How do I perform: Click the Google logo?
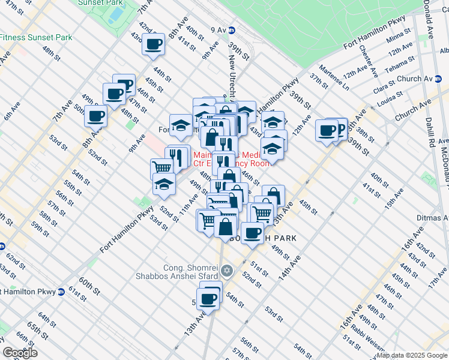pyautogui.click(x=20, y=353)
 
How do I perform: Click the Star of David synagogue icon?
pyautogui.click(x=226, y=271)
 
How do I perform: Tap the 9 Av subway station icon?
pyautogui.click(x=232, y=29)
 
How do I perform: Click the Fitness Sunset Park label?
pyautogui.click(x=36, y=37)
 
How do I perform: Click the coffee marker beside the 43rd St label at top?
pyautogui.click(x=153, y=44)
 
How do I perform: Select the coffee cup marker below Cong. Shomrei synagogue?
pyautogui.click(x=209, y=298)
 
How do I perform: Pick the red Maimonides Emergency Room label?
pyautogui.click(x=231, y=159)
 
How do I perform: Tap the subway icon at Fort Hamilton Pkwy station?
pyautogui.click(x=61, y=292)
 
